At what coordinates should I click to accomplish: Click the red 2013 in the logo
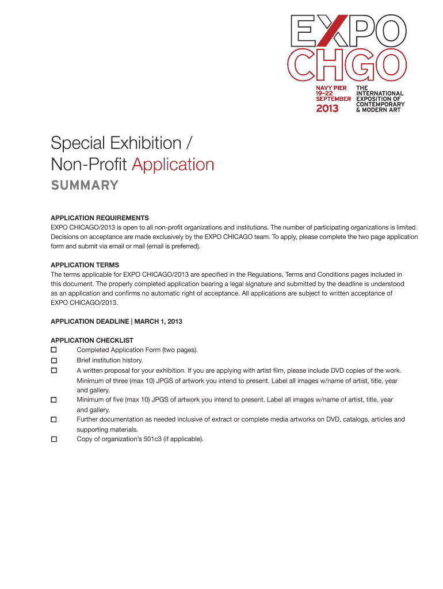click(328, 108)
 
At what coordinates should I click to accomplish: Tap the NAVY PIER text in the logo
click(330, 88)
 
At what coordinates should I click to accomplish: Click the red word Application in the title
click(173, 165)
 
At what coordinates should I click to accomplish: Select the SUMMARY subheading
click(85, 185)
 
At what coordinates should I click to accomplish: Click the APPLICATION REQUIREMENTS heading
click(100, 218)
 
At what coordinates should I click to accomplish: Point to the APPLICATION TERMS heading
click(85, 265)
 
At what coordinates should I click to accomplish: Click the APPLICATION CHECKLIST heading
click(92, 341)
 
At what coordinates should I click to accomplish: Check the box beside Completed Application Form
click(54, 350)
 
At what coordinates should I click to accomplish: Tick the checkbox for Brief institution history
click(54, 360)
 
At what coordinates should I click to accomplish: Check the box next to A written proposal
click(54, 370)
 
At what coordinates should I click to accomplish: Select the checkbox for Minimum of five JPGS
click(54, 399)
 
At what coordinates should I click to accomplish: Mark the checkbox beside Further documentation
click(54, 420)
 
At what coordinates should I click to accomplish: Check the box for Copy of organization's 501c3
click(54, 439)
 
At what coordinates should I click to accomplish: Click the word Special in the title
click(75, 143)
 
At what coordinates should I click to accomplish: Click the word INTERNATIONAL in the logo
click(380, 93)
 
